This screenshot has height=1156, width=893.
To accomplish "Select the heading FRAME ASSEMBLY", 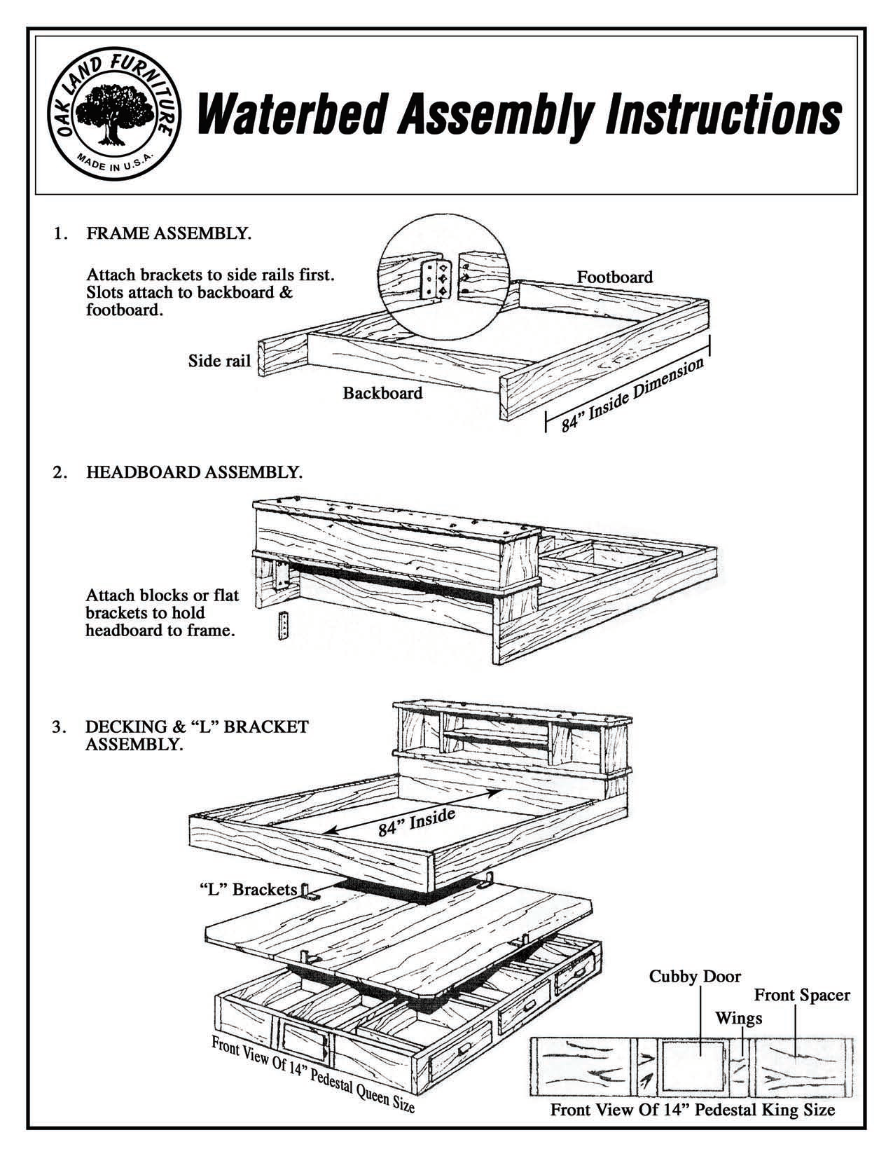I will pyautogui.click(x=169, y=233).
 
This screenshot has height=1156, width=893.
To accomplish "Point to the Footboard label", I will pyautogui.click(x=614, y=277).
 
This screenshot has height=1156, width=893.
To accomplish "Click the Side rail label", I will pyautogui.click(x=219, y=361).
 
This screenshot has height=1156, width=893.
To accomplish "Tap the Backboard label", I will pyautogui.click(x=382, y=393).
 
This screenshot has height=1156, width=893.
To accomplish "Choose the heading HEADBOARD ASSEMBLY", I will pyautogui.click(x=194, y=472).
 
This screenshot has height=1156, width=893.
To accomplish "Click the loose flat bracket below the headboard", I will pyautogui.click(x=283, y=626).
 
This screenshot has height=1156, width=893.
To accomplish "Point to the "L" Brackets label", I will pyautogui.click(x=244, y=889).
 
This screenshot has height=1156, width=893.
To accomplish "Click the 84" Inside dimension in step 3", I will pyautogui.click(x=417, y=822).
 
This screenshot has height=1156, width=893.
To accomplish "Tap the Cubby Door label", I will pyautogui.click(x=694, y=976).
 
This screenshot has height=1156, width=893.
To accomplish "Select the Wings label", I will pyautogui.click(x=738, y=1018).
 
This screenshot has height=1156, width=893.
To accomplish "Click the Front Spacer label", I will pyautogui.click(x=801, y=995).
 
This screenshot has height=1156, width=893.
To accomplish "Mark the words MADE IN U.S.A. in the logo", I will pyautogui.click(x=116, y=163).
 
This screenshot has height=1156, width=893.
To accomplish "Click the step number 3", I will pyautogui.click(x=60, y=727).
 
